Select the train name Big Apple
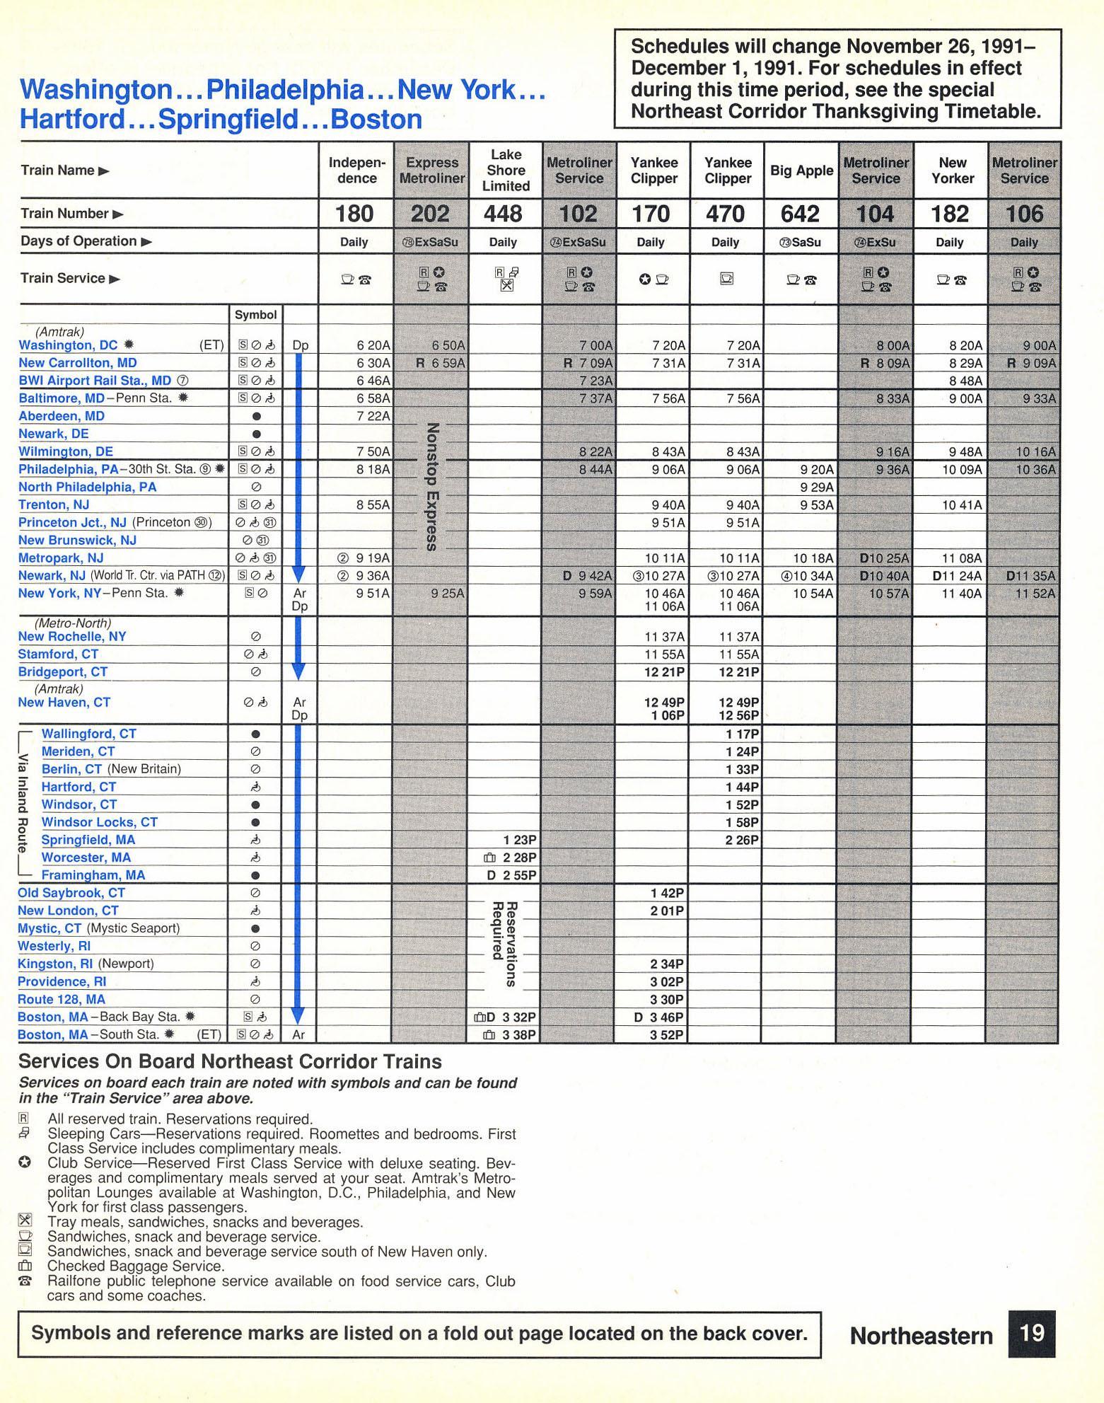[x=801, y=171]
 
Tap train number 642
[x=801, y=214]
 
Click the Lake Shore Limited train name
[x=506, y=170]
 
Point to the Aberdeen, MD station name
[x=62, y=416]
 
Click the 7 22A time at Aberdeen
[x=373, y=416]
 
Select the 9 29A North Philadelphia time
[x=816, y=487]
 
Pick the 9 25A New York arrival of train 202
[x=448, y=593]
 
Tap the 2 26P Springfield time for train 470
[x=742, y=840]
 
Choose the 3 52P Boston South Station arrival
[x=667, y=1034]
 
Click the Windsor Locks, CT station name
[x=99, y=822]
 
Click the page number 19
[x=1032, y=1334]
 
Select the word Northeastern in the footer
[x=921, y=1336]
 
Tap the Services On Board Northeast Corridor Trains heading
[x=230, y=1061]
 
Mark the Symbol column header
[x=256, y=314]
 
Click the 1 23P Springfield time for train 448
[x=520, y=840]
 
